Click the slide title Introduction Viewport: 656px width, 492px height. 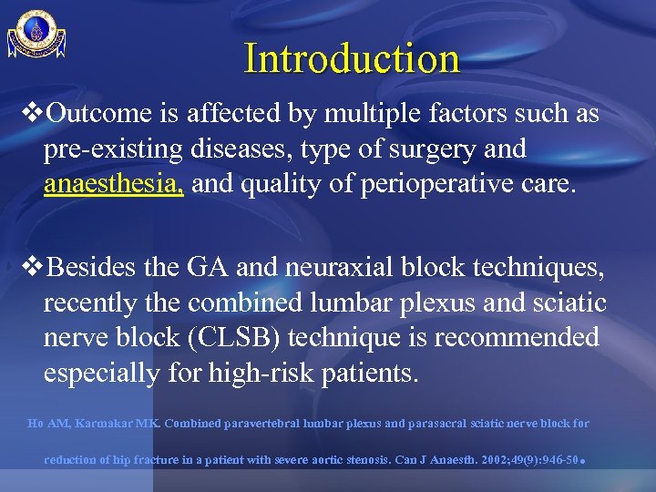352,58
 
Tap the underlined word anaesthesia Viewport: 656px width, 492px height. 114,186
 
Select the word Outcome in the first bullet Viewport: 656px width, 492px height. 91,114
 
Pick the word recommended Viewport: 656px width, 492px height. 517,337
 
